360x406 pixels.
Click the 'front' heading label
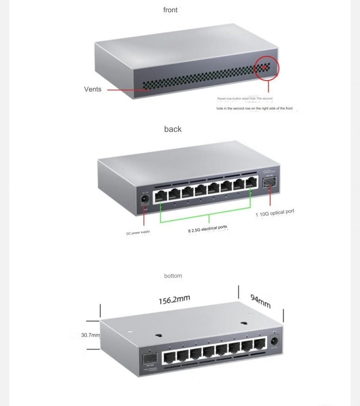point(170,10)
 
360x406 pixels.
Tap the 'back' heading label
point(173,129)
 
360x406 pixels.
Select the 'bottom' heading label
point(173,276)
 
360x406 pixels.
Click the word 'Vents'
point(92,89)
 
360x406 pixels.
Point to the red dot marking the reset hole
point(264,67)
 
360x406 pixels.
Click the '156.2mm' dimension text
point(175,300)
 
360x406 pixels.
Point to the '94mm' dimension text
point(260,302)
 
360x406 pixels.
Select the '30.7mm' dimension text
point(90,335)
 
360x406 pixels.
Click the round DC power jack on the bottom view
point(274,341)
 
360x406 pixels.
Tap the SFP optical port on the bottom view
point(150,359)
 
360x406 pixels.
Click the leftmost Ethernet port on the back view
point(161,195)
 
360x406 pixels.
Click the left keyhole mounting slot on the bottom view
point(158,335)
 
